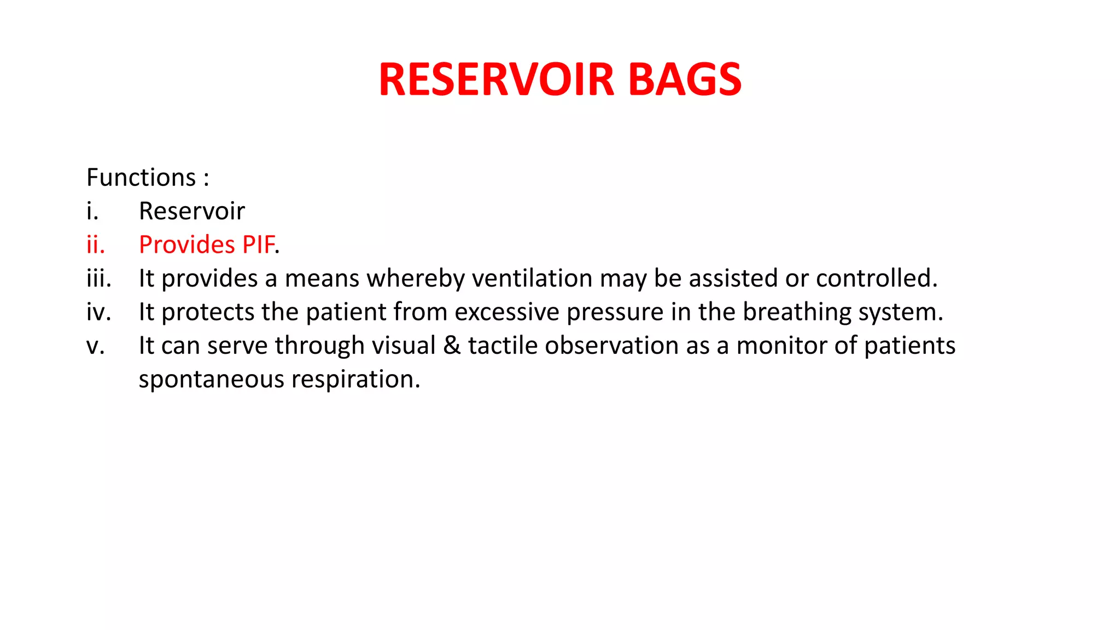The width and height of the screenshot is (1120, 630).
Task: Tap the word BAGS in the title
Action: [x=685, y=80]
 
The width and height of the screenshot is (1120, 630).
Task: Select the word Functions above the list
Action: [x=141, y=178]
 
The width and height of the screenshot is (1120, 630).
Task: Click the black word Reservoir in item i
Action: [x=192, y=211]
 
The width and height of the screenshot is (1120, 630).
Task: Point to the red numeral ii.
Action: [x=96, y=244]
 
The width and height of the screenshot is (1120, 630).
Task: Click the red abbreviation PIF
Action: [x=258, y=244]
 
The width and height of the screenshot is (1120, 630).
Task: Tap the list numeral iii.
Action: [x=99, y=278]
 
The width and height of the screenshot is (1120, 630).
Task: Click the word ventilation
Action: [x=532, y=278]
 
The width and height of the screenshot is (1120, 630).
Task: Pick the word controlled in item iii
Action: [x=876, y=278]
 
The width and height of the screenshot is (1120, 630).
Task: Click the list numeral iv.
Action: [x=99, y=312]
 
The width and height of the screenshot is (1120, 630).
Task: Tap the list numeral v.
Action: [x=95, y=346]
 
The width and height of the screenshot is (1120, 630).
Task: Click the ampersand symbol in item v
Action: [x=452, y=346]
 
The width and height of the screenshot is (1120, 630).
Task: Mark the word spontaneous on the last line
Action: [x=211, y=380]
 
